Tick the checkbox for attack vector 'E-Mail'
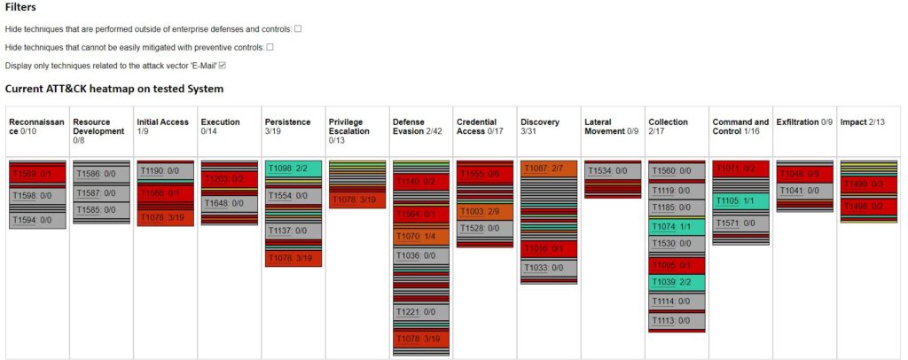(x=223, y=65)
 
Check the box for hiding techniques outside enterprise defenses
(x=298, y=29)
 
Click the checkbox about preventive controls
(x=270, y=47)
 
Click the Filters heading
(x=20, y=7)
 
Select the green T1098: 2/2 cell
(x=293, y=168)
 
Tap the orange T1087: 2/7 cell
(x=548, y=168)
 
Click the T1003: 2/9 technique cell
(x=484, y=212)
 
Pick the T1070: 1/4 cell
(x=420, y=236)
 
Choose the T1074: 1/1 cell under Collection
(x=676, y=227)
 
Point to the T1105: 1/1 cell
(x=740, y=201)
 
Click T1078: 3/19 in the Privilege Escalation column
(x=356, y=200)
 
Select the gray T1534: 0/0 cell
(x=612, y=171)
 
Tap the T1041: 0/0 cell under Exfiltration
(x=803, y=191)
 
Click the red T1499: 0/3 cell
(x=867, y=184)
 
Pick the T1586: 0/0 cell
(x=101, y=175)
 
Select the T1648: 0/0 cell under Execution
(x=229, y=203)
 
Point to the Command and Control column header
(x=740, y=127)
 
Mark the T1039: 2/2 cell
(x=676, y=282)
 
